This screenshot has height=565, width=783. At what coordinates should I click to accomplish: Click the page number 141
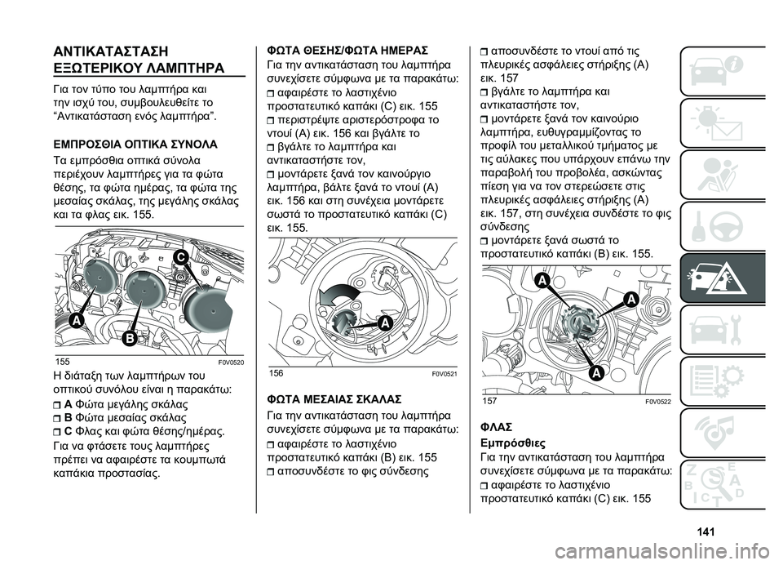click(x=708, y=533)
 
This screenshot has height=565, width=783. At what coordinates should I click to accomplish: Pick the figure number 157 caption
click(x=489, y=402)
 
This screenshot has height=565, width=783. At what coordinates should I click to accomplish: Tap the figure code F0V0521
click(x=442, y=372)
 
